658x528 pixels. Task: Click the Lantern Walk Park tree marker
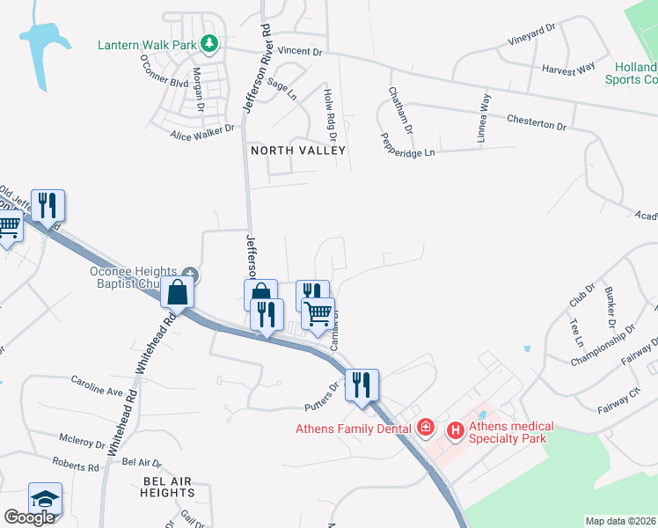pyautogui.click(x=208, y=41)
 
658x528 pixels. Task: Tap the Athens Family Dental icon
pyautogui.click(x=425, y=428)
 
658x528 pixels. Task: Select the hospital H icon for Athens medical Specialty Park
pyautogui.click(x=456, y=430)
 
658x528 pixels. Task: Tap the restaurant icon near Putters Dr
pyautogui.click(x=362, y=385)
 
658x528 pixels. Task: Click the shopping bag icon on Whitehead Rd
pyautogui.click(x=177, y=292)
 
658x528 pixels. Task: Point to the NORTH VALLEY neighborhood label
pyautogui.click(x=298, y=150)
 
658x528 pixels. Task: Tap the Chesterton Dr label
pyautogui.click(x=537, y=122)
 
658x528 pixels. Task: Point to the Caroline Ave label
pyautogui.click(x=98, y=385)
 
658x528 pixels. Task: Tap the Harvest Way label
pyautogui.click(x=568, y=68)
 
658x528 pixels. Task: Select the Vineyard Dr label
pyautogui.click(x=532, y=35)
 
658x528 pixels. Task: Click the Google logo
pyautogui.click(x=29, y=517)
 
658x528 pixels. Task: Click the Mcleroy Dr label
pyautogui.click(x=82, y=442)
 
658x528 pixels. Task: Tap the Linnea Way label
pyautogui.click(x=485, y=113)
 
